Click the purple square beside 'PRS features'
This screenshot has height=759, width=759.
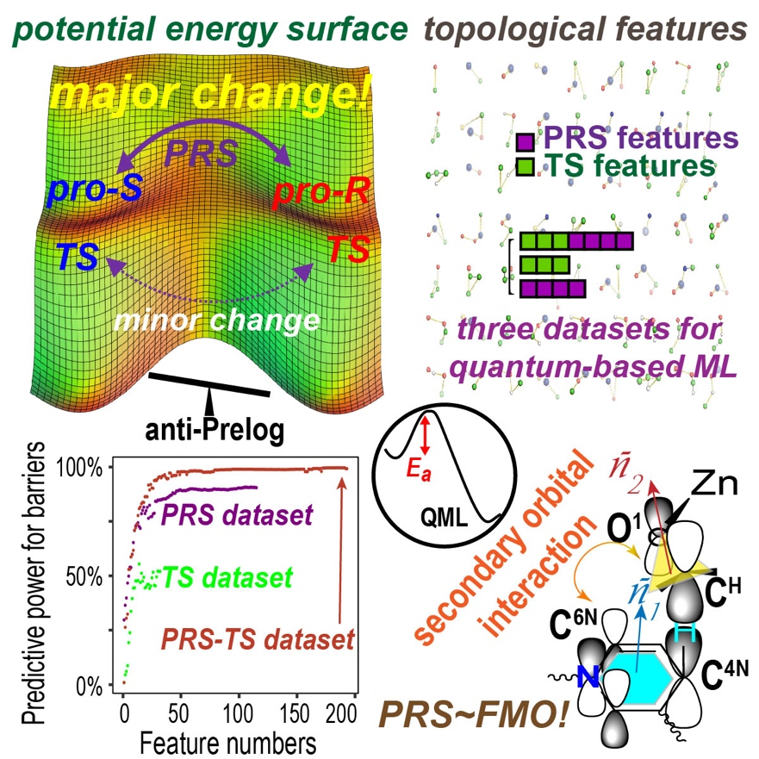click(x=524, y=141)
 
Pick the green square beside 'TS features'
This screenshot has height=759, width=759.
click(x=524, y=166)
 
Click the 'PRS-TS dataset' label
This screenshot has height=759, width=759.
click(x=258, y=640)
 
